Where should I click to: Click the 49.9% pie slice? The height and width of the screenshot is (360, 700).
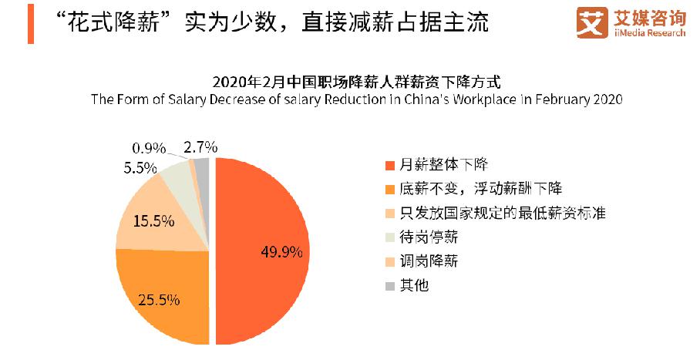[x=262, y=251]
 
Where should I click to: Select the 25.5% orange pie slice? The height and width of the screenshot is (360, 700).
[x=162, y=297]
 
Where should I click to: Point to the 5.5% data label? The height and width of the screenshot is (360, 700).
[x=141, y=167]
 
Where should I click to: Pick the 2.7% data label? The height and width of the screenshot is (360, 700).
[x=200, y=146]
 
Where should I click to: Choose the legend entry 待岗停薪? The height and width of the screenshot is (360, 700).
[x=428, y=237]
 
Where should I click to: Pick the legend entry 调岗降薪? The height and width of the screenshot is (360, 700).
[x=428, y=261]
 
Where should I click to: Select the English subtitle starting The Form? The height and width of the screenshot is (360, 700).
[x=355, y=99]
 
